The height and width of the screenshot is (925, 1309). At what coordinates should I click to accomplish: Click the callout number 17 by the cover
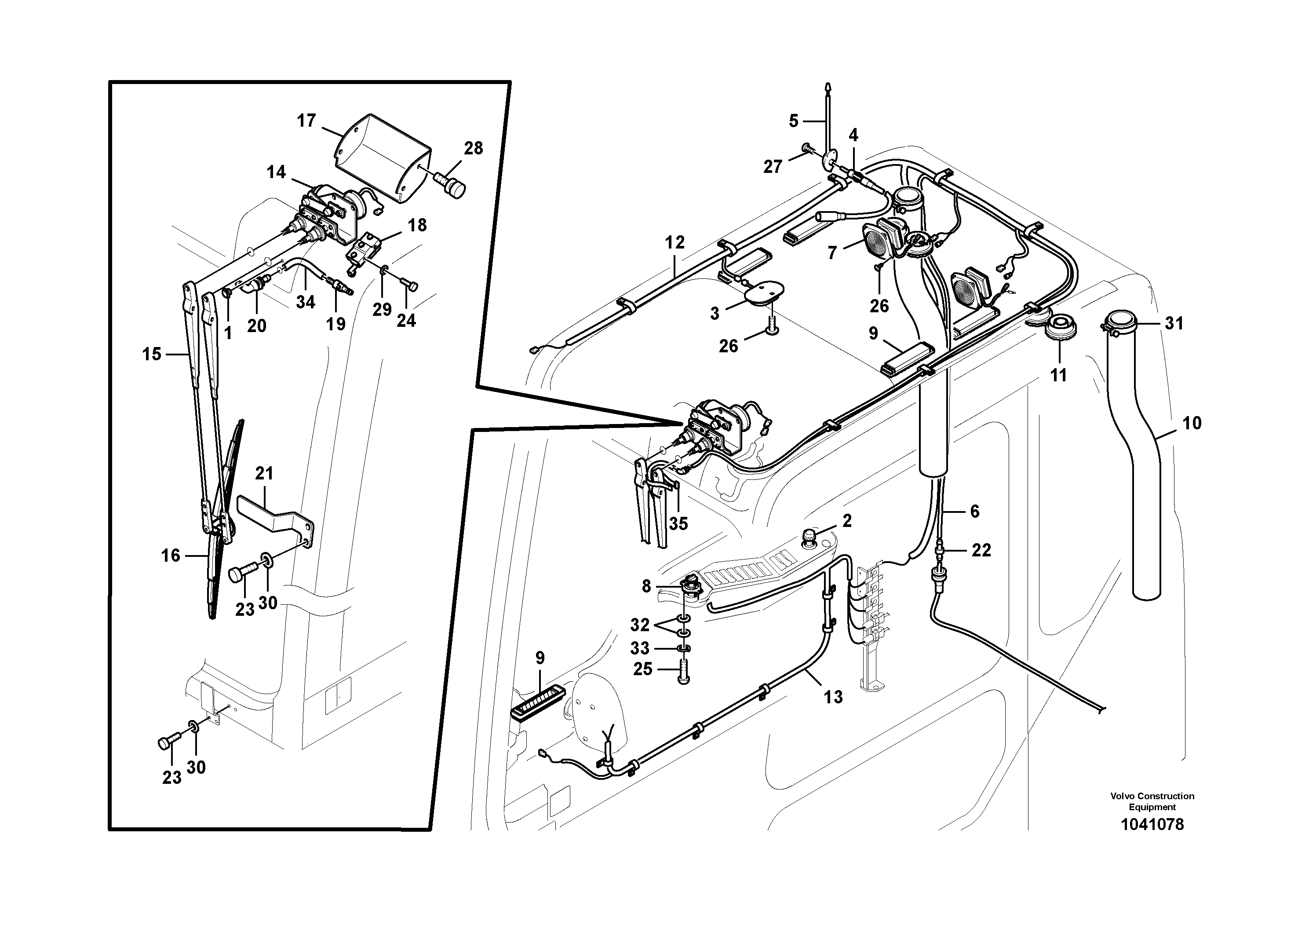pos(306,121)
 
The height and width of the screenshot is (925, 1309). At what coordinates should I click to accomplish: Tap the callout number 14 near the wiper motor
pos(276,172)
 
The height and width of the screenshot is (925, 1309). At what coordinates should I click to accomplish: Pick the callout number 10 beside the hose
pos(1192,423)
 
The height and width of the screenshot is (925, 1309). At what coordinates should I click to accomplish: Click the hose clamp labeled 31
pos(1120,323)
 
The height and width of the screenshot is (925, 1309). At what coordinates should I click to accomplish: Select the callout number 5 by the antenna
pos(794,121)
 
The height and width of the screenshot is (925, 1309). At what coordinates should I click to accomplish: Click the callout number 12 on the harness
pos(675,242)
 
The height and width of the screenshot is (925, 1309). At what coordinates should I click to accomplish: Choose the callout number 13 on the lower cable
pos(833,697)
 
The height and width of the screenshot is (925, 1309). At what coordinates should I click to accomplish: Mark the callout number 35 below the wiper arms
pos(678,523)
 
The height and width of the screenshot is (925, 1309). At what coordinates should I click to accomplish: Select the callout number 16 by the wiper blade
pos(170,556)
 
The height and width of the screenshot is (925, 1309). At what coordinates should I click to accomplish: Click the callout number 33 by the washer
pos(640,648)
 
